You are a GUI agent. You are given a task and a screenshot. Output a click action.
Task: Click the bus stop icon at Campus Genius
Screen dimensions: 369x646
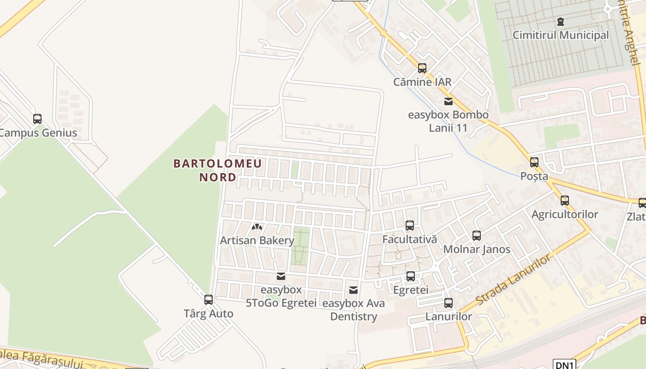[37, 119]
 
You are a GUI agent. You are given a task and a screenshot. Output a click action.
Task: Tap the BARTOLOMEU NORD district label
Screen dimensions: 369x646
[217, 170]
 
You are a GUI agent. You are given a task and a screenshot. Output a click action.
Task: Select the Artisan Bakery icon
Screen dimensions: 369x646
[257, 227]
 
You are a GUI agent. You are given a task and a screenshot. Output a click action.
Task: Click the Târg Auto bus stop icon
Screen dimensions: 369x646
[209, 300]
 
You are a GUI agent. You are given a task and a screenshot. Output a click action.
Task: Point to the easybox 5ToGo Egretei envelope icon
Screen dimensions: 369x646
[281, 276]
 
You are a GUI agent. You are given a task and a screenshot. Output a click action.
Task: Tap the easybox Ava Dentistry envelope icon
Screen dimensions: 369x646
[353, 290]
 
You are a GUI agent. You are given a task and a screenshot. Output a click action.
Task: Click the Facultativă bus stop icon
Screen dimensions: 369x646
[409, 226]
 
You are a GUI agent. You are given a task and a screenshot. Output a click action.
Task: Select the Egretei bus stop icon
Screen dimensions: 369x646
[411, 276]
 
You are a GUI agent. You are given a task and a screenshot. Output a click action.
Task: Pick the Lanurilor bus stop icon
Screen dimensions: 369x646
[449, 303]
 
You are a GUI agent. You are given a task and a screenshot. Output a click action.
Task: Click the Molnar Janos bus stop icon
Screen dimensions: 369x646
[477, 236]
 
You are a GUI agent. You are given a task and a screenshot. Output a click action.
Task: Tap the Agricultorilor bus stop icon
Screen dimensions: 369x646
[565, 201]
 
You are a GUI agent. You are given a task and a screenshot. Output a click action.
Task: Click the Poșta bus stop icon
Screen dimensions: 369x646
[534, 162]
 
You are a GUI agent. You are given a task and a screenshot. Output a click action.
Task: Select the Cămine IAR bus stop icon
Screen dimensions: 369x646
[422, 68]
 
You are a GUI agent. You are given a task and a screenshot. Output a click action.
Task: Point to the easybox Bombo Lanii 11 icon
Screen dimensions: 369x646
[448, 101]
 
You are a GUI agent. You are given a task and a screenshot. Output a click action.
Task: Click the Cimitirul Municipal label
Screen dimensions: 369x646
[561, 35]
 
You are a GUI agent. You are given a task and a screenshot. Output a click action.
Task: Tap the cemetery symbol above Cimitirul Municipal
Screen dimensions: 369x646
[561, 21]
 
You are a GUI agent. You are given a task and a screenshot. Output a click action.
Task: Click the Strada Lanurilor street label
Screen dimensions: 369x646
[513, 280]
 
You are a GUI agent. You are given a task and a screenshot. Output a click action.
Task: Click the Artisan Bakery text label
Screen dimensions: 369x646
[257, 240]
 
